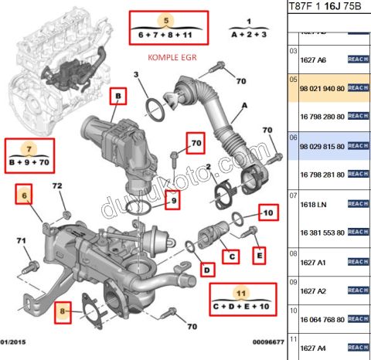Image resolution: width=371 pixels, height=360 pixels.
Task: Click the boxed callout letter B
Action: tap(117, 96)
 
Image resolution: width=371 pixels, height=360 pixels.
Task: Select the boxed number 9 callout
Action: tap(174, 202)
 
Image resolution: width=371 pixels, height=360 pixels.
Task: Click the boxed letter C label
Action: tap(230, 255)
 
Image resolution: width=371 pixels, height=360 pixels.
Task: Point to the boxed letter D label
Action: tap(206, 269)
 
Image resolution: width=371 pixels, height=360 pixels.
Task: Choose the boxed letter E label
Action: tap(259, 253)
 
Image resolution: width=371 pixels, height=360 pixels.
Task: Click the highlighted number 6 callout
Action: tap(24, 197)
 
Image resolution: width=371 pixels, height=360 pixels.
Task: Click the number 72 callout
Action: tap(56, 187)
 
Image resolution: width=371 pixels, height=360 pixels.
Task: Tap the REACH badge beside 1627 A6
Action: tap(359, 59)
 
